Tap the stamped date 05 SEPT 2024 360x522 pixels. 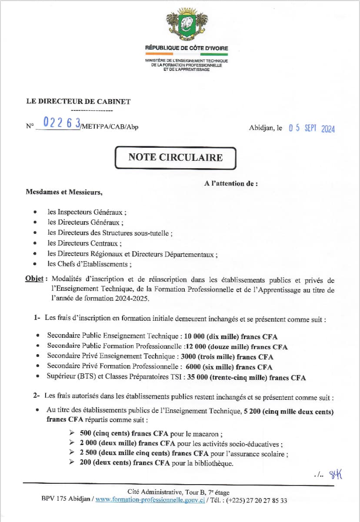[312, 128]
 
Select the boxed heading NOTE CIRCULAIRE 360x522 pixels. [176, 157]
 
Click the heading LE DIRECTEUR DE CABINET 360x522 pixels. [78, 102]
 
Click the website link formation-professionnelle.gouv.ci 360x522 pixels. [150, 500]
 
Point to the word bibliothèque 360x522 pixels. [211, 463]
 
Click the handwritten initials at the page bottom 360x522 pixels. [336, 474]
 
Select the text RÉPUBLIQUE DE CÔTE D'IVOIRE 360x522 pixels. [187, 48]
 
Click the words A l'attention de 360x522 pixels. [231, 183]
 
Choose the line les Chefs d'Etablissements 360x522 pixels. [89, 264]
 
